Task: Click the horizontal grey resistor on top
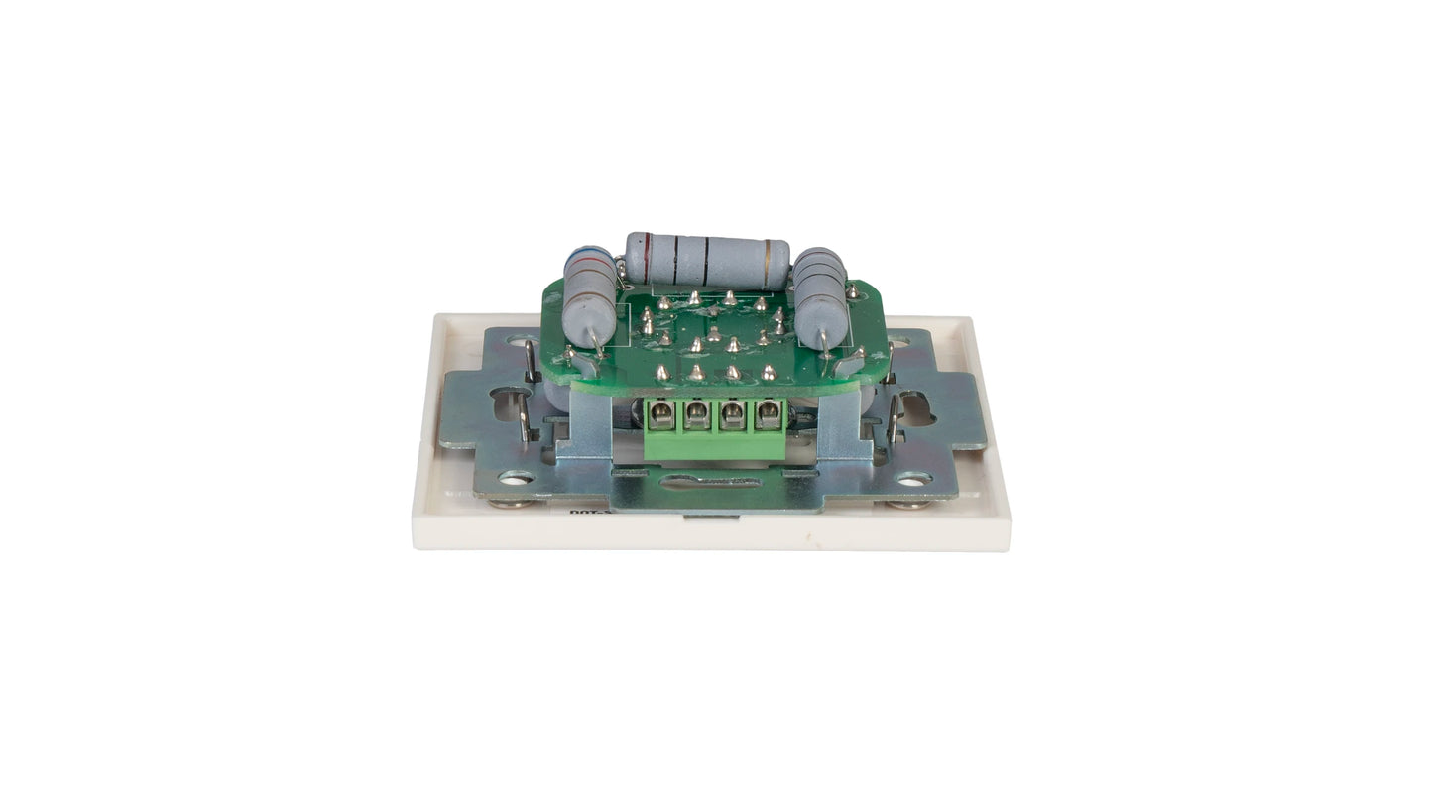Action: pyautogui.click(x=707, y=261)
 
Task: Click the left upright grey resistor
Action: pyautogui.click(x=589, y=296)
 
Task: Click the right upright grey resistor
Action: pyautogui.click(x=821, y=296)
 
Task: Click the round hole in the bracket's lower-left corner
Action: pyautogui.click(x=516, y=478)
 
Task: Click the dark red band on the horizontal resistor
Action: pyautogui.click(x=647, y=258)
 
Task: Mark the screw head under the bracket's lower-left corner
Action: pyautogui.click(x=511, y=502)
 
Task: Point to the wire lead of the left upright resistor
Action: pyautogui.click(x=596, y=343)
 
